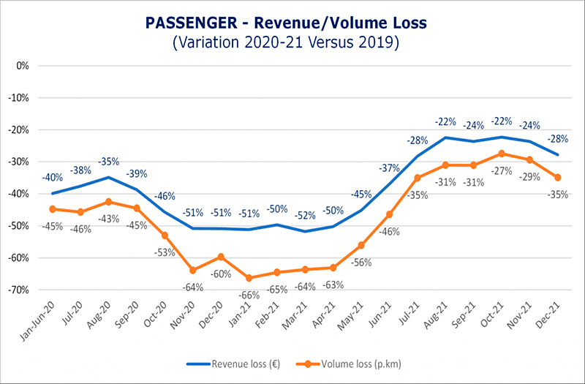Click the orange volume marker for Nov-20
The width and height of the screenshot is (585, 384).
point(193,270)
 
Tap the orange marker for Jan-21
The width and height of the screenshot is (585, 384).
point(249,278)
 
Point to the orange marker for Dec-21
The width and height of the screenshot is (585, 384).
point(559,177)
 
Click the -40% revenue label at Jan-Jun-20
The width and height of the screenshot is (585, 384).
point(52,178)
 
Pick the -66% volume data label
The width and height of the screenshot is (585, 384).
point(249,295)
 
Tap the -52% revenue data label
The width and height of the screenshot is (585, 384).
point(305,216)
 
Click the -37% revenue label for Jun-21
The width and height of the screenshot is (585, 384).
point(389,168)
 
